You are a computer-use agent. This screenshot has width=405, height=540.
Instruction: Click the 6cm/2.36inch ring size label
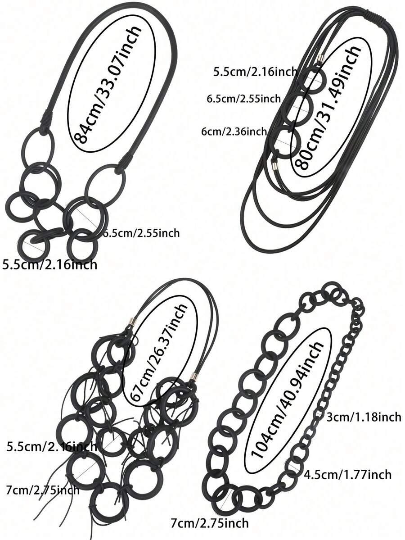click(234, 131)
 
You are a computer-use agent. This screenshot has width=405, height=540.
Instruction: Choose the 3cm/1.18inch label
click(364, 417)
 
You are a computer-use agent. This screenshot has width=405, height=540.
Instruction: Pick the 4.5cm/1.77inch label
click(347, 475)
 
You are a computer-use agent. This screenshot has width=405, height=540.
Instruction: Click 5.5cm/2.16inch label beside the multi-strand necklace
click(255, 72)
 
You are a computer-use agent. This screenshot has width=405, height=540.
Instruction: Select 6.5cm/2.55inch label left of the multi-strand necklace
click(243, 99)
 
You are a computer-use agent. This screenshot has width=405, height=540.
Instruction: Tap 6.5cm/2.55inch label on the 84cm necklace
click(142, 233)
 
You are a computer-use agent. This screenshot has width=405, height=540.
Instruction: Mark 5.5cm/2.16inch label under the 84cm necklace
click(49, 264)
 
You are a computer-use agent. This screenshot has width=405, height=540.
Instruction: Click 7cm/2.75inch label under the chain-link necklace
click(210, 523)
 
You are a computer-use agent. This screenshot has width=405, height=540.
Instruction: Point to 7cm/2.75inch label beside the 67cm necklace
click(43, 489)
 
